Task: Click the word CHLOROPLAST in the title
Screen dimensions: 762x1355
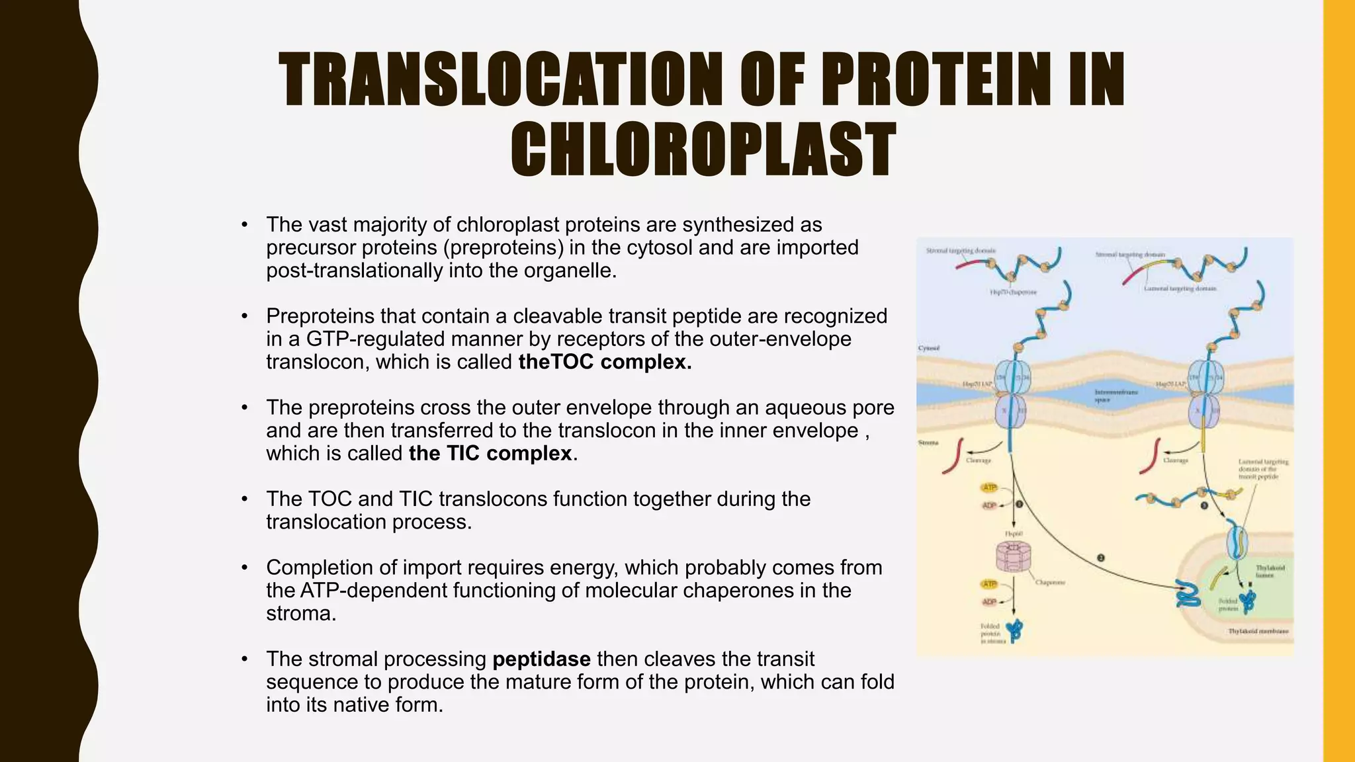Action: pos(703,150)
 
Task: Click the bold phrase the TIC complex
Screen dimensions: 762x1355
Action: pos(490,453)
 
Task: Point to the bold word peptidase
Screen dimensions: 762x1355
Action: pos(541,659)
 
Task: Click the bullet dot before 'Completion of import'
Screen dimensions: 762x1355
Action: pos(245,568)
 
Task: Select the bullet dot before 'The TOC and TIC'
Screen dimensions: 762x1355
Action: pos(245,499)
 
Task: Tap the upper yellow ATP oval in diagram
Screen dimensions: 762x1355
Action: pos(989,487)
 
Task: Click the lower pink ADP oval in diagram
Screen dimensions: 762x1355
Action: pos(989,602)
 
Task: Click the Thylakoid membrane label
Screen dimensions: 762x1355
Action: pos(1258,631)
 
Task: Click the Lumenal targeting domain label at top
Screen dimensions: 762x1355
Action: pos(1180,288)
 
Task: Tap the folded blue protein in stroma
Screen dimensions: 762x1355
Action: pos(1014,630)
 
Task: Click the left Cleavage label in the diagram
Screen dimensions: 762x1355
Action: pos(978,460)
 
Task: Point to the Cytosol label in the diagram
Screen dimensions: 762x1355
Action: pos(928,348)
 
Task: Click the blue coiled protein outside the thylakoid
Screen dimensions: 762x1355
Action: pos(1188,594)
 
